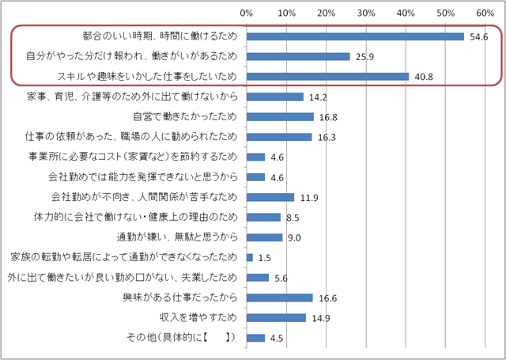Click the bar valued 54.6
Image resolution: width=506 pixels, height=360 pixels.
355,36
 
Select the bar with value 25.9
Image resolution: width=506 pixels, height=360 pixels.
298,56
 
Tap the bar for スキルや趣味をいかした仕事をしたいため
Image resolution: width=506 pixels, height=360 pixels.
327,77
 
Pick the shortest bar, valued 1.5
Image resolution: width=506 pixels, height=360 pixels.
249,257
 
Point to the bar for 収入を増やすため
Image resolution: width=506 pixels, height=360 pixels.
276,317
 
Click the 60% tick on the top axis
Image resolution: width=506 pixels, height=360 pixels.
485,13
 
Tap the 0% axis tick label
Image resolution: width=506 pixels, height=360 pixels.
246,13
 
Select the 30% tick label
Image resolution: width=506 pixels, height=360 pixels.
365,13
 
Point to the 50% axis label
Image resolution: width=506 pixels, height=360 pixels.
445,13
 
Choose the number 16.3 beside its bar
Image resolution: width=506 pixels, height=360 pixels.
325,137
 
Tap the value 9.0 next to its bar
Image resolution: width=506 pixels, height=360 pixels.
293,237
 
